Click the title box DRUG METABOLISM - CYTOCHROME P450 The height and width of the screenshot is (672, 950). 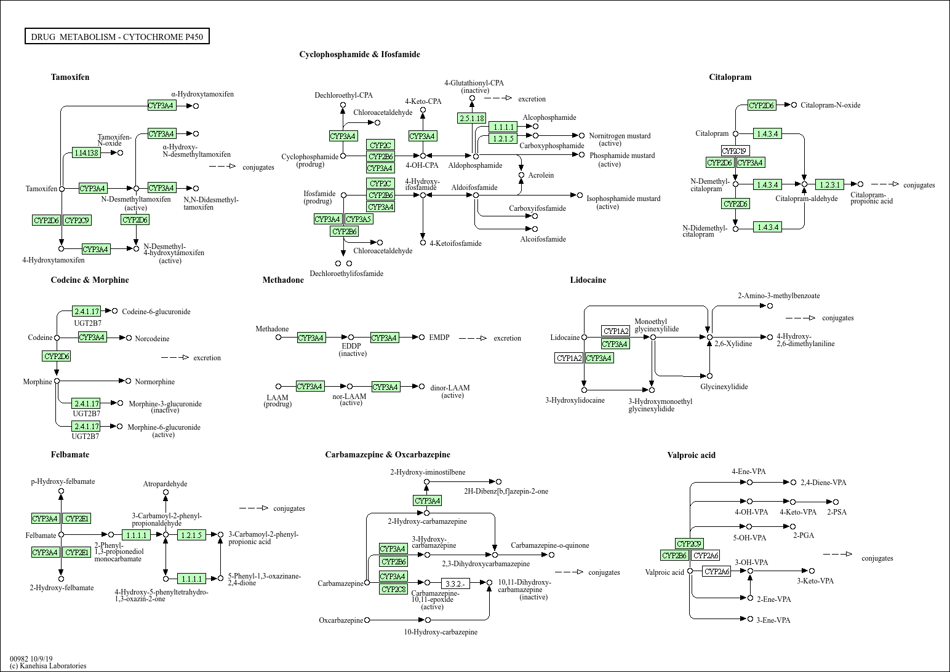pos(117,37)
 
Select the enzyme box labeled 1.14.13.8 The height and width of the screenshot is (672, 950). pos(86,152)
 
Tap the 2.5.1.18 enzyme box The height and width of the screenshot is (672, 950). pos(471,118)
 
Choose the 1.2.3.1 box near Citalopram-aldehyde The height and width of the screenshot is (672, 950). pos(829,184)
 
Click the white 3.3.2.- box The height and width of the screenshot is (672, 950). pos(455,583)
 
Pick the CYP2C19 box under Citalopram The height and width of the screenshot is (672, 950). pos(735,151)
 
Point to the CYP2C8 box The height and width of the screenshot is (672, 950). pos(393,590)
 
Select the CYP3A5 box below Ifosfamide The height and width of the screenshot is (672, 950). pos(359,219)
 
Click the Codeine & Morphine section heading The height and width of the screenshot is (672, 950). pos(90,280)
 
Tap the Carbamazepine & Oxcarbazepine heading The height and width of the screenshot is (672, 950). pos(388,455)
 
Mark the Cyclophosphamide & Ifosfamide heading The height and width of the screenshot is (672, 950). pos(359,55)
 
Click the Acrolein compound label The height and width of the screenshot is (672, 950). pos(540,175)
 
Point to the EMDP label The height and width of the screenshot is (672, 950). pos(439,338)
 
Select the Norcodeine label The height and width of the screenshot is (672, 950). pos(152,339)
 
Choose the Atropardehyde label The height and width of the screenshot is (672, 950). pos(165,484)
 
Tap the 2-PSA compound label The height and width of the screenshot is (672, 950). pos(837,512)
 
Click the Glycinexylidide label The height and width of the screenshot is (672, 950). pos(724,387)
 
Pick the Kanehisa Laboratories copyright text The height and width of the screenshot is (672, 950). pos(48,666)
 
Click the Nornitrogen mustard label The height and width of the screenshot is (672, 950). pos(620,136)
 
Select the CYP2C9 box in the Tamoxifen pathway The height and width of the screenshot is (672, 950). pos(77,220)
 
